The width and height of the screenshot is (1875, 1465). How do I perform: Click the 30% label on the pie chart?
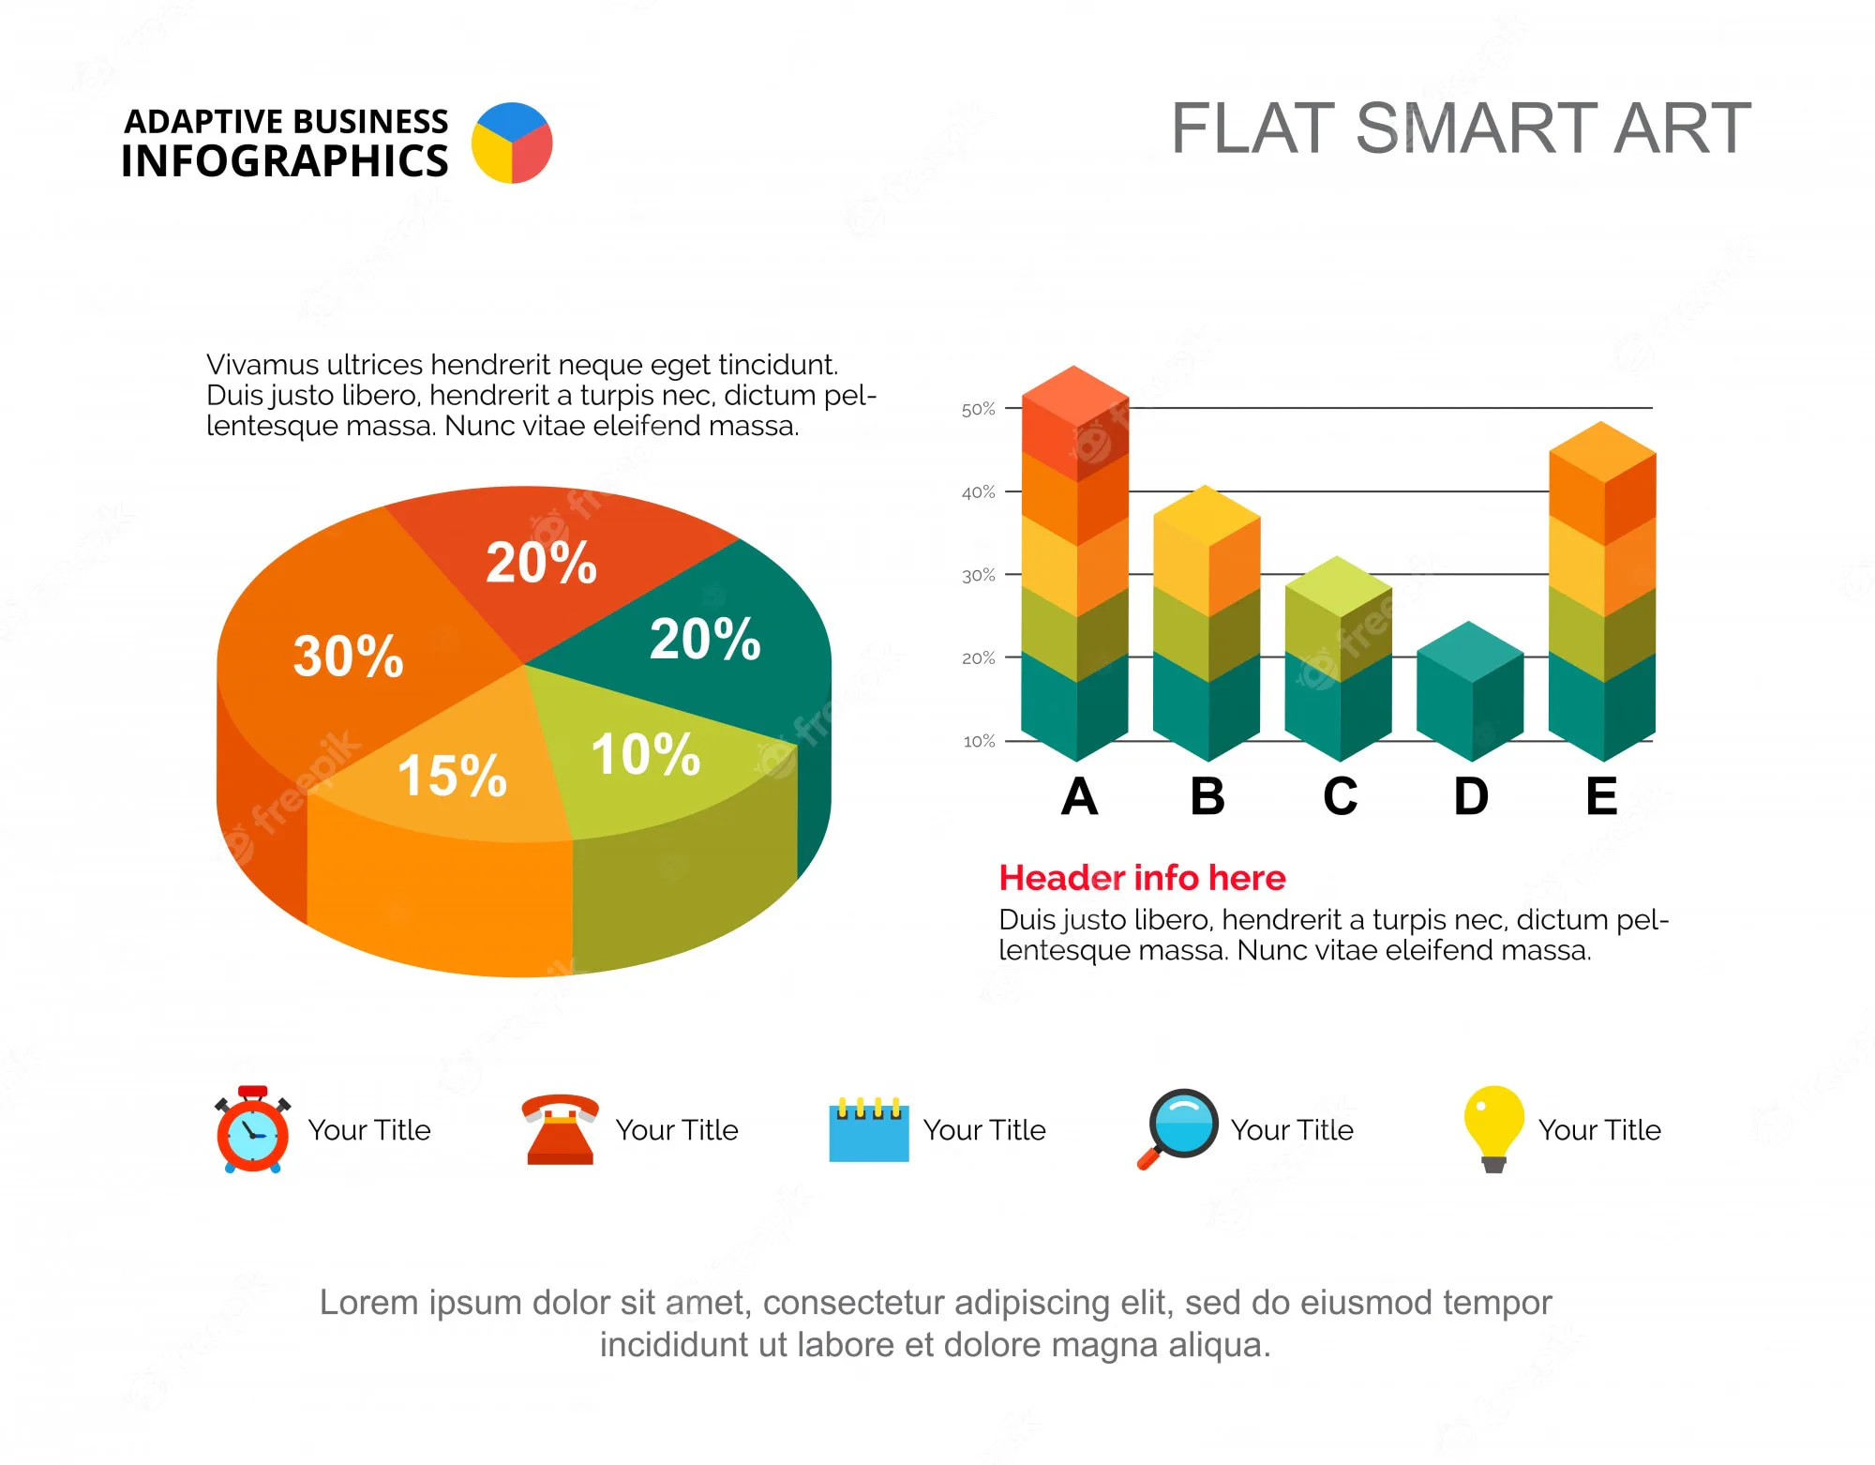coord(348,656)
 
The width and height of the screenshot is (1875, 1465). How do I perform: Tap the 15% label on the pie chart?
coord(452,776)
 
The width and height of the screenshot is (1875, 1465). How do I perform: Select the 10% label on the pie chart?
coord(645,754)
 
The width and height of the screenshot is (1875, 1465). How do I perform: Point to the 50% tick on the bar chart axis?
coord(978,410)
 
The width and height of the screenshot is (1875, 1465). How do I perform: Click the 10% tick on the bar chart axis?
coord(979,742)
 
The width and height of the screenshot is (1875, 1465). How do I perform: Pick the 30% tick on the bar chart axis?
coord(978,576)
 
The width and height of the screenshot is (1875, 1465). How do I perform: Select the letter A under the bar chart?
coord(1079,797)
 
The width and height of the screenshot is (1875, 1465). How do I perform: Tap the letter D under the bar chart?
coord(1471,797)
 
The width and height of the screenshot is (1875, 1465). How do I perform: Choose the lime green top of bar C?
coord(1338,585)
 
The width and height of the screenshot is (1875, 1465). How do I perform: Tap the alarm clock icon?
coord(252,1130)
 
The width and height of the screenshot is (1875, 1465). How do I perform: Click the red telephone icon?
coord(560,1129)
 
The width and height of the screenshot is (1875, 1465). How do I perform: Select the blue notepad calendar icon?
coord(869,1129)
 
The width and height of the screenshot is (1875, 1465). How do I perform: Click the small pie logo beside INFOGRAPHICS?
coord(512,143)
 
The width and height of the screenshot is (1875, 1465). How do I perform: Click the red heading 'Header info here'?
coord(1142,878)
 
